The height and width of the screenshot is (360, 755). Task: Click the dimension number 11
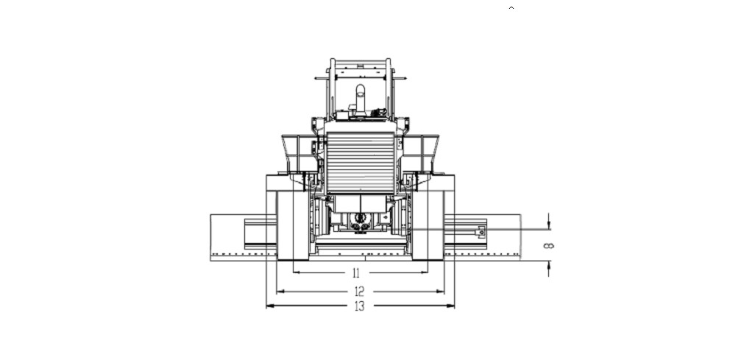(356, 273)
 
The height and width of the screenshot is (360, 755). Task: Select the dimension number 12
(359, 291)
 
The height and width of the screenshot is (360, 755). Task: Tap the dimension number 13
(359, 306)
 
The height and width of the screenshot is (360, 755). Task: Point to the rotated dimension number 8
(548, 246)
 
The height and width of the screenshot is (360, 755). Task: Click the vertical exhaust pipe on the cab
(360, 99)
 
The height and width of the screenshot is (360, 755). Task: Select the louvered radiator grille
(360, 163)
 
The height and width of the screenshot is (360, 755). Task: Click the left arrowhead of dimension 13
(269, 306)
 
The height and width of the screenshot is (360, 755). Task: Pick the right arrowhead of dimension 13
(451, 306)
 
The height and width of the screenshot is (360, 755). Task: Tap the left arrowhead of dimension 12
(280, 291)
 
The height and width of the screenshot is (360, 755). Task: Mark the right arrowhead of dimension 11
(425, 272)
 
